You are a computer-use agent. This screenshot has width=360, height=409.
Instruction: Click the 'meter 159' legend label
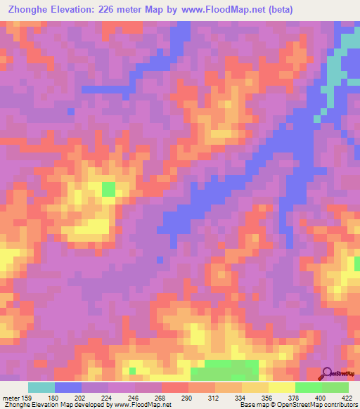[15, 398]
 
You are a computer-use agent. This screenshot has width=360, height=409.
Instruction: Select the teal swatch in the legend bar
[41, 387]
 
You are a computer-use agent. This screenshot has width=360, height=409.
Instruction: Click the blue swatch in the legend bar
[68, 387]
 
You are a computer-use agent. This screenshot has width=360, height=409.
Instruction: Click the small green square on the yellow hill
[108, 188]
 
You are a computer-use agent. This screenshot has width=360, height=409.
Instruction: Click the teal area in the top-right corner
[346, 49]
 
